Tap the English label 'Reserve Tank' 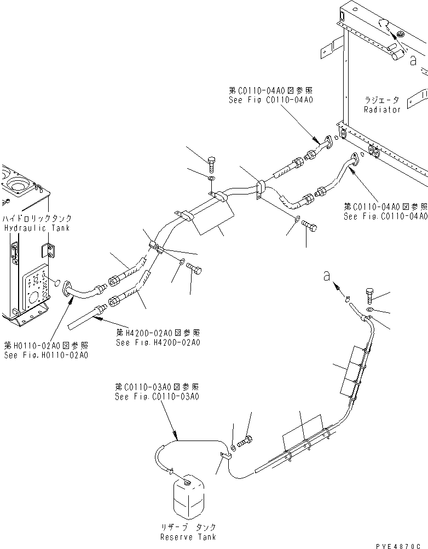[189, 537]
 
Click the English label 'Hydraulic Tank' [36, 228]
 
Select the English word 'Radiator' [382, 109]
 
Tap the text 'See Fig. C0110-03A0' [157, 396]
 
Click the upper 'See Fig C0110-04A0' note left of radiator [271, 100]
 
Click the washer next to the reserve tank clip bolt [234, 447]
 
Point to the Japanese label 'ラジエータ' [382, 100]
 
